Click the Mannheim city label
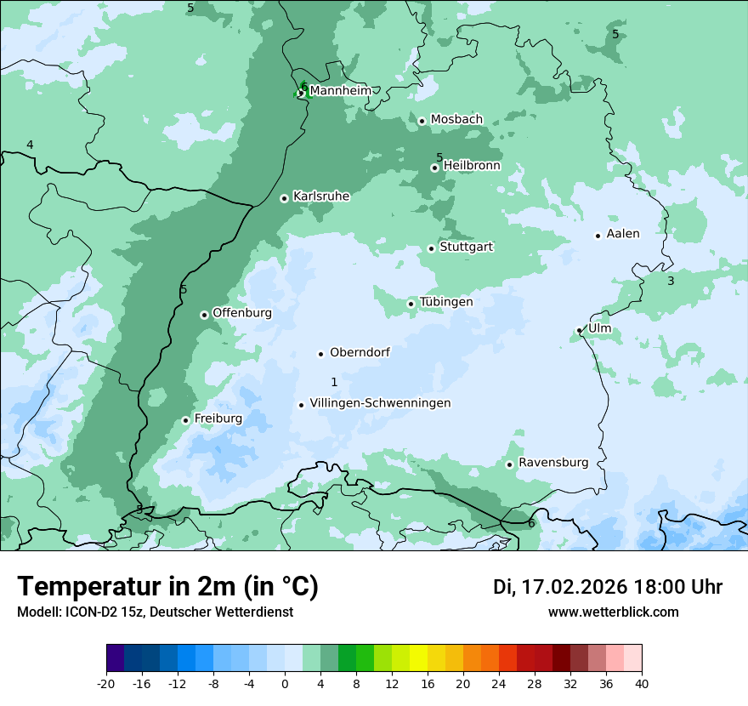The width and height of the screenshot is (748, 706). (x=340, y=90)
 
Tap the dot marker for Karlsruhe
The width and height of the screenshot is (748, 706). (x=284, y=198)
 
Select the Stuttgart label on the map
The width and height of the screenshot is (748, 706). (x=466, y=247)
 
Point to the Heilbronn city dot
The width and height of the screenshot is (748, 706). (x=434, y=168)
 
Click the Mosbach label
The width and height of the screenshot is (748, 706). (x=456, y=119)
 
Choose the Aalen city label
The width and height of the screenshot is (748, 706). (x=622, y=234)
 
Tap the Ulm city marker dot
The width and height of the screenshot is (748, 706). (x=579, y=330)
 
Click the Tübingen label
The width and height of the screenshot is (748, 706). (x=445, y=302)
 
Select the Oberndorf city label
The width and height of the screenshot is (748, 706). (x=360, y=352)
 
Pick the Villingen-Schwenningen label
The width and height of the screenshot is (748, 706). (x=380, y=403)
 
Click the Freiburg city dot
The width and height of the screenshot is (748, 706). (x=185, y=420)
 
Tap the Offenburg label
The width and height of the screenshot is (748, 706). (x=241, y=313)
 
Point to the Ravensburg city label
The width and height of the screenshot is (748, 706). (x=552, y=463)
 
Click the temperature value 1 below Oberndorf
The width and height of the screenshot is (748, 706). (x=334, y=382)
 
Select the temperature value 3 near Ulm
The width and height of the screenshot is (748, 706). (x=670, y=281)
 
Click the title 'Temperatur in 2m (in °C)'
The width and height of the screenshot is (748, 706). (x=167, y=587)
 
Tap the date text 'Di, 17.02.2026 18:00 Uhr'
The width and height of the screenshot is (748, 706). (x=607, y=587)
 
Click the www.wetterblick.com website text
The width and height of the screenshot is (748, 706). (x=613, y=612)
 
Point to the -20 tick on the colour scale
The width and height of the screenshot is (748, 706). (x=106, y=683)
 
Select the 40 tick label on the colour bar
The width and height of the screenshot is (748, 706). (x=642, y=683)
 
